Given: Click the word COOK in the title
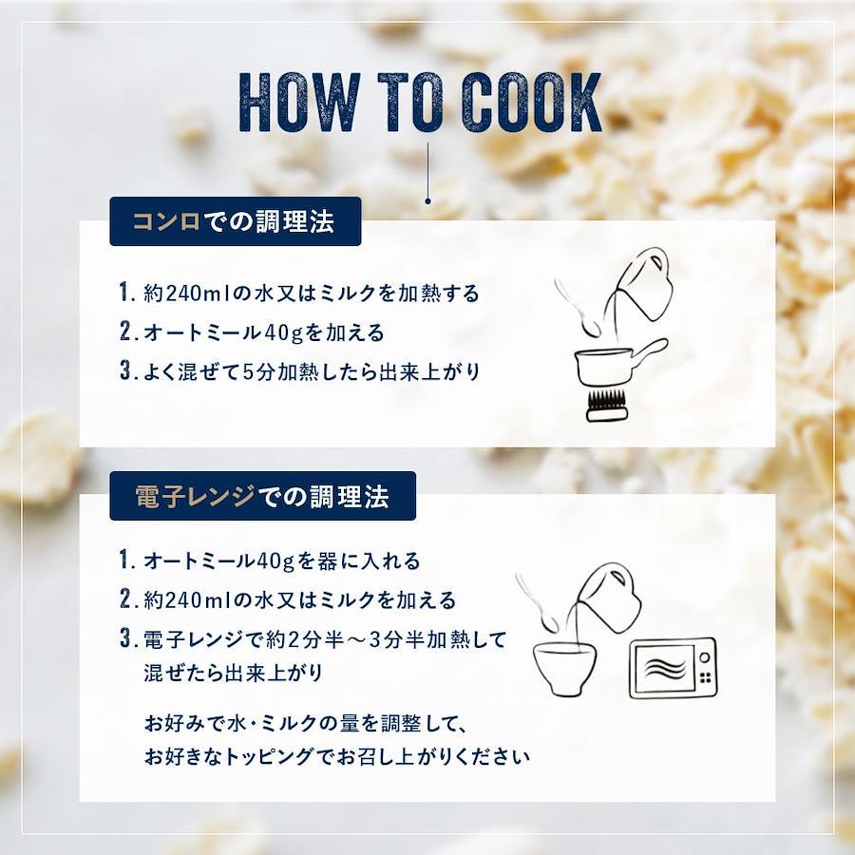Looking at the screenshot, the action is [x=533, y=103].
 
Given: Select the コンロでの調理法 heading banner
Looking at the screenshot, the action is [x=236, y=221].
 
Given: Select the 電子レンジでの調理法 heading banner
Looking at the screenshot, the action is [x=263, y=496].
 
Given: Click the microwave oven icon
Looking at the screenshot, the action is [x=673, y=668].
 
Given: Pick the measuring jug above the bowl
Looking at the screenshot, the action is [x=608, y=598].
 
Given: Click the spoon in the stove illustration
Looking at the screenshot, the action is [x=576, y=308].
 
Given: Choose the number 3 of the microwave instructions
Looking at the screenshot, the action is [x=126, y=638].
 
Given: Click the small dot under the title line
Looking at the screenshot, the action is [x=428, y=200].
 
